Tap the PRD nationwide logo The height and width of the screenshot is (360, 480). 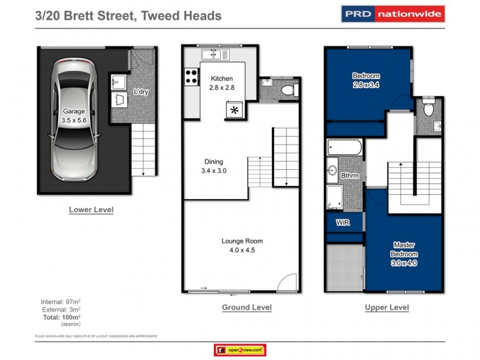393,13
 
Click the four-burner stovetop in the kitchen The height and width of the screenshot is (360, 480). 192,76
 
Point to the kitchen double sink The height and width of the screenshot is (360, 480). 215,55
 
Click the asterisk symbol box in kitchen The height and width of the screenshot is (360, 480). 235,110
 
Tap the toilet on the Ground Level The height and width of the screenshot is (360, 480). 288,91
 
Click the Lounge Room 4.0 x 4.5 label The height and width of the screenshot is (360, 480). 242,245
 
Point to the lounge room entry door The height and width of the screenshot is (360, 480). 287,282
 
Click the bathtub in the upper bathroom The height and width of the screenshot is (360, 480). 344,147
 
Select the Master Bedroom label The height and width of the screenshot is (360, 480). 404,254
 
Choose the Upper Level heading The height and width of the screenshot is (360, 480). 387,308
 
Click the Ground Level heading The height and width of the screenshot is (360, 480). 247,308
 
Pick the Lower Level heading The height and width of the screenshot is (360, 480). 91,210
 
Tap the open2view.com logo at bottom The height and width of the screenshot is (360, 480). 239,350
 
